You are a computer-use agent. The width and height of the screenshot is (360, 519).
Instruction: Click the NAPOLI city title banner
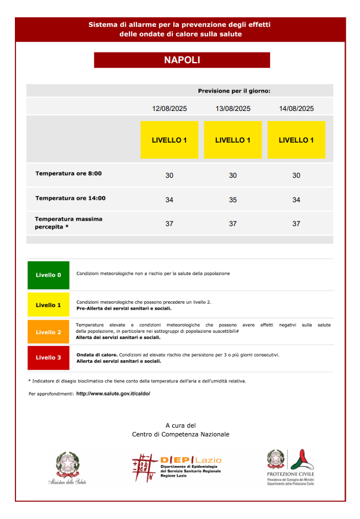pyautogui.click(x=182, y=60)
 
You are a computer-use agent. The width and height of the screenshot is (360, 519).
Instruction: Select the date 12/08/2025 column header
pyautogui.click(x=169, y=109)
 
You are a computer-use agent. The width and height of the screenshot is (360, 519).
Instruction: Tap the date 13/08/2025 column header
pyautogui.click(x=232, y=109)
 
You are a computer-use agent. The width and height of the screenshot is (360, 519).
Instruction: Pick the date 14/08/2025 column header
pyautogui.click(x=296, y=109)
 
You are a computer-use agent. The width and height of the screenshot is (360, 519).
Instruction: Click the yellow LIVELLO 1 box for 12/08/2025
pyautogui.click(x=169, y=140)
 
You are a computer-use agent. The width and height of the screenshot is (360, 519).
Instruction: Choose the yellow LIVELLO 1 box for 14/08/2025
pyautogui.click(x=296, y=140)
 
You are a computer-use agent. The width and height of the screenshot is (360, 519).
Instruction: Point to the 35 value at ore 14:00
pyautogui.click(x=232, y=199)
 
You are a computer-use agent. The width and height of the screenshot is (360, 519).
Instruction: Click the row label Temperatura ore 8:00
pyautogui.click(x=69, y=174)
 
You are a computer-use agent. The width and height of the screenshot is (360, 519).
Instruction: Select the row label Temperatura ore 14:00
pyautogui.click(x=70, y=198)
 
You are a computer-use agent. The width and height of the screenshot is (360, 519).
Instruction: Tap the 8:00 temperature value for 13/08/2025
pyautogui.click(x=232, y=175)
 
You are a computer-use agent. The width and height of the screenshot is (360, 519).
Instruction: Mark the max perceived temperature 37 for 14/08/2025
pyautogui.click(x=296, y=224)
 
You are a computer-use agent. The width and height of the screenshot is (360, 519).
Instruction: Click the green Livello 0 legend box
pyautogui.click(x=48, y=275)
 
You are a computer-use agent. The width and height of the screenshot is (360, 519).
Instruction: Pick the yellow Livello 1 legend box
pyautogui.click(x=48, y=305)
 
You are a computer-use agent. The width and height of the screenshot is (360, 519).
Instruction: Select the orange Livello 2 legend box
pyautogui.click(x=48, y=332)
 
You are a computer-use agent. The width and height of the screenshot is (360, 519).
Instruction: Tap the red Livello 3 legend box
pyautogui.click(x=48, y=357)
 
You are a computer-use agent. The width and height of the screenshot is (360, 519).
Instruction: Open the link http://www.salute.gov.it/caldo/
pyautogui.click(x=113, y=394)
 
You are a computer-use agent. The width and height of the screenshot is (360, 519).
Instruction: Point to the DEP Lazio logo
pyautogui.click(x=177, y=467)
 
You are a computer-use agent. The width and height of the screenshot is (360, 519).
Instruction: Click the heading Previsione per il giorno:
pyautogui.click(x=234, y=91)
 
